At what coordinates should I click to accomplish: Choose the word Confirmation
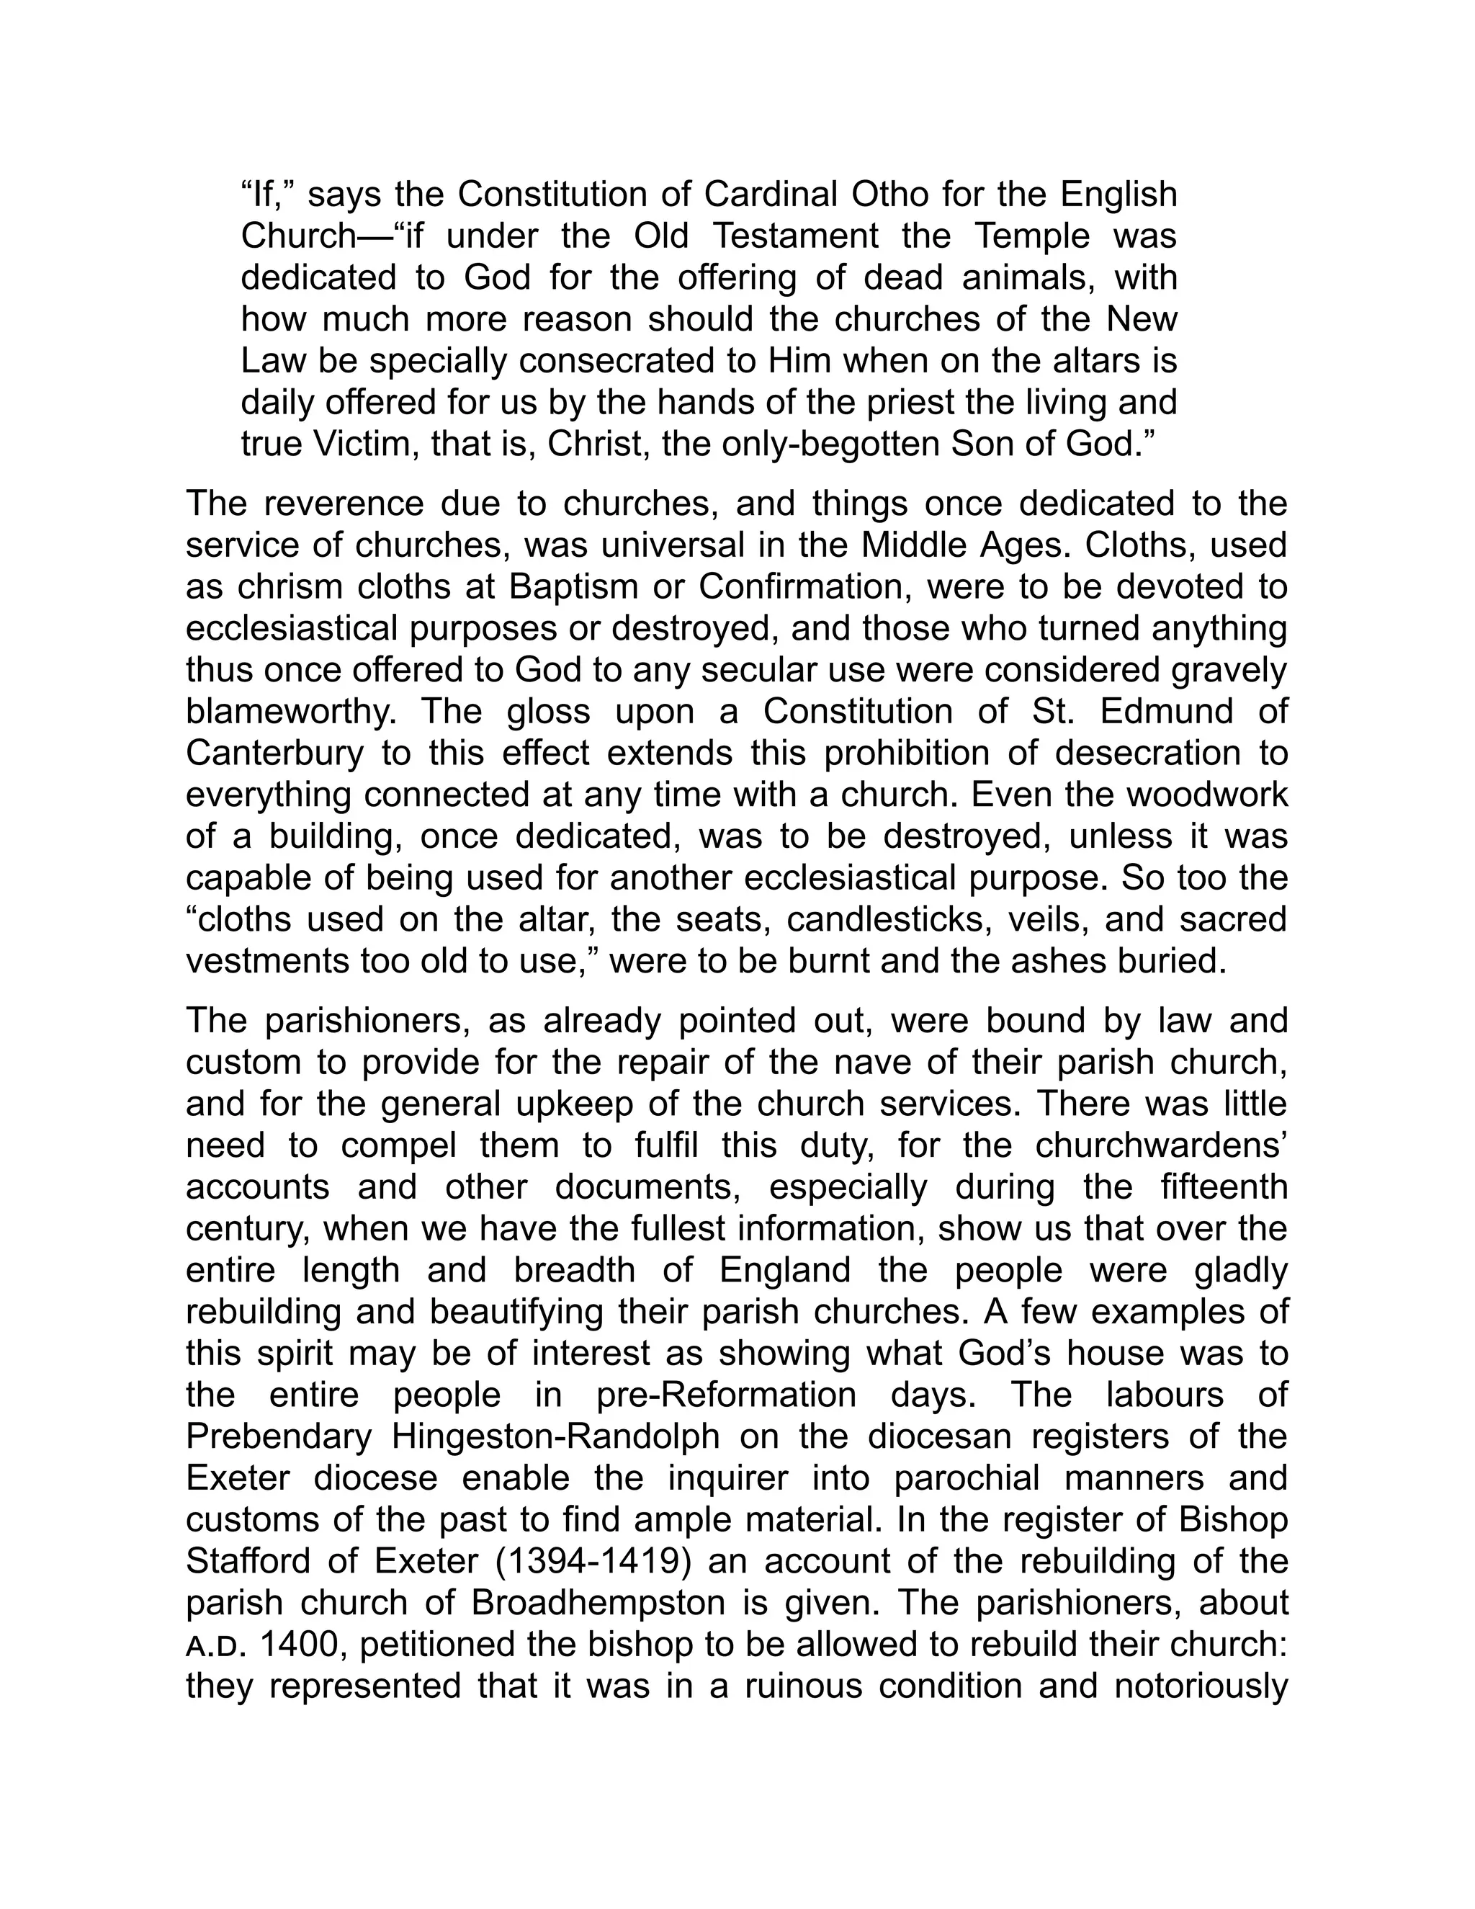tap(804, 586)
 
